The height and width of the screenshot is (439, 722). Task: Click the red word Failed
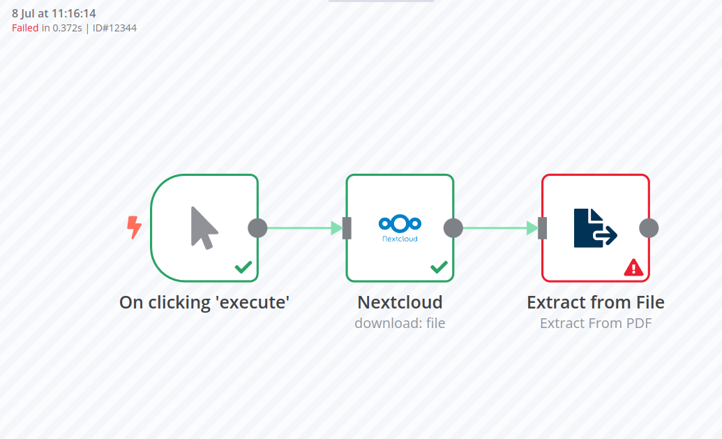[25, 28]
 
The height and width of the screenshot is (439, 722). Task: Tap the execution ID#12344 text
[114, 28]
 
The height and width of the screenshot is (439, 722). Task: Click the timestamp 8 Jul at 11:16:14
[54, 14]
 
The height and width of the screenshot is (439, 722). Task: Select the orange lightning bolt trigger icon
[134, 228]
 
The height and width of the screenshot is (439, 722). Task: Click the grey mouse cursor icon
[204, 228]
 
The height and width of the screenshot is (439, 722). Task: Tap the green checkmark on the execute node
[243, 267]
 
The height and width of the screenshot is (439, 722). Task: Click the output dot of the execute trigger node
[257, 228]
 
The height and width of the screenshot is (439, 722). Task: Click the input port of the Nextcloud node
[347, 228]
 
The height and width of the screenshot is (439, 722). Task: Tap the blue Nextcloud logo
[400, 228]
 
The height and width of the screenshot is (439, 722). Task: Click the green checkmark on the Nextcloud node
[439, 267]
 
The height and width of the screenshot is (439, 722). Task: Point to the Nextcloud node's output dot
[453, 228]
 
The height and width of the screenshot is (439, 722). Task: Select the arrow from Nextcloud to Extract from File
[501, 228]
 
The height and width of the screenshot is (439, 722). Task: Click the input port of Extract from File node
[543, 228]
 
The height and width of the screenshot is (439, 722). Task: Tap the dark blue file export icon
[595, 228]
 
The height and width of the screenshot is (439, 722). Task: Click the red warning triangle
[633, 267]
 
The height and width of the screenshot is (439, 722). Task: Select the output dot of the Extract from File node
[649, 228]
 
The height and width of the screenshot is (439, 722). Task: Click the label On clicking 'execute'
[204, 303]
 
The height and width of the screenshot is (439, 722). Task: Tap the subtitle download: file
[400, 323]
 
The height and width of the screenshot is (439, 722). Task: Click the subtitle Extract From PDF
[596, 323]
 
